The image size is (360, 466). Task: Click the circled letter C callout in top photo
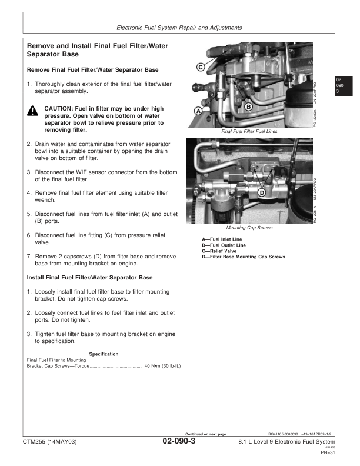(x=201, y=67)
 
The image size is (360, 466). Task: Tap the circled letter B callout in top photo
(x=248, y=106)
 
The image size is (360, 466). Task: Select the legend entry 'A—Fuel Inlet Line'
(x=222, y=239)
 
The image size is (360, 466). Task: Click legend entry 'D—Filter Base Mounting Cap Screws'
(x=243, y=257)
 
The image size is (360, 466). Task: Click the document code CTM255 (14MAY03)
(x=50, y=442)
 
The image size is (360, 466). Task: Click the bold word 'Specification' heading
(x=104, y=354)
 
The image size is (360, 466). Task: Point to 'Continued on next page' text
(x=205, y=434)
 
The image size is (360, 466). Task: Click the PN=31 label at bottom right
(x=328, y=452)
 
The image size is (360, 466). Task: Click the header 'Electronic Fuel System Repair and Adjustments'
(x=179, y=28)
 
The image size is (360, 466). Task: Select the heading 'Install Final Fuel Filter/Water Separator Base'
(x=90, y=277)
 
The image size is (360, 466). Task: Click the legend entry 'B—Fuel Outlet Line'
(x=224, y=245)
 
